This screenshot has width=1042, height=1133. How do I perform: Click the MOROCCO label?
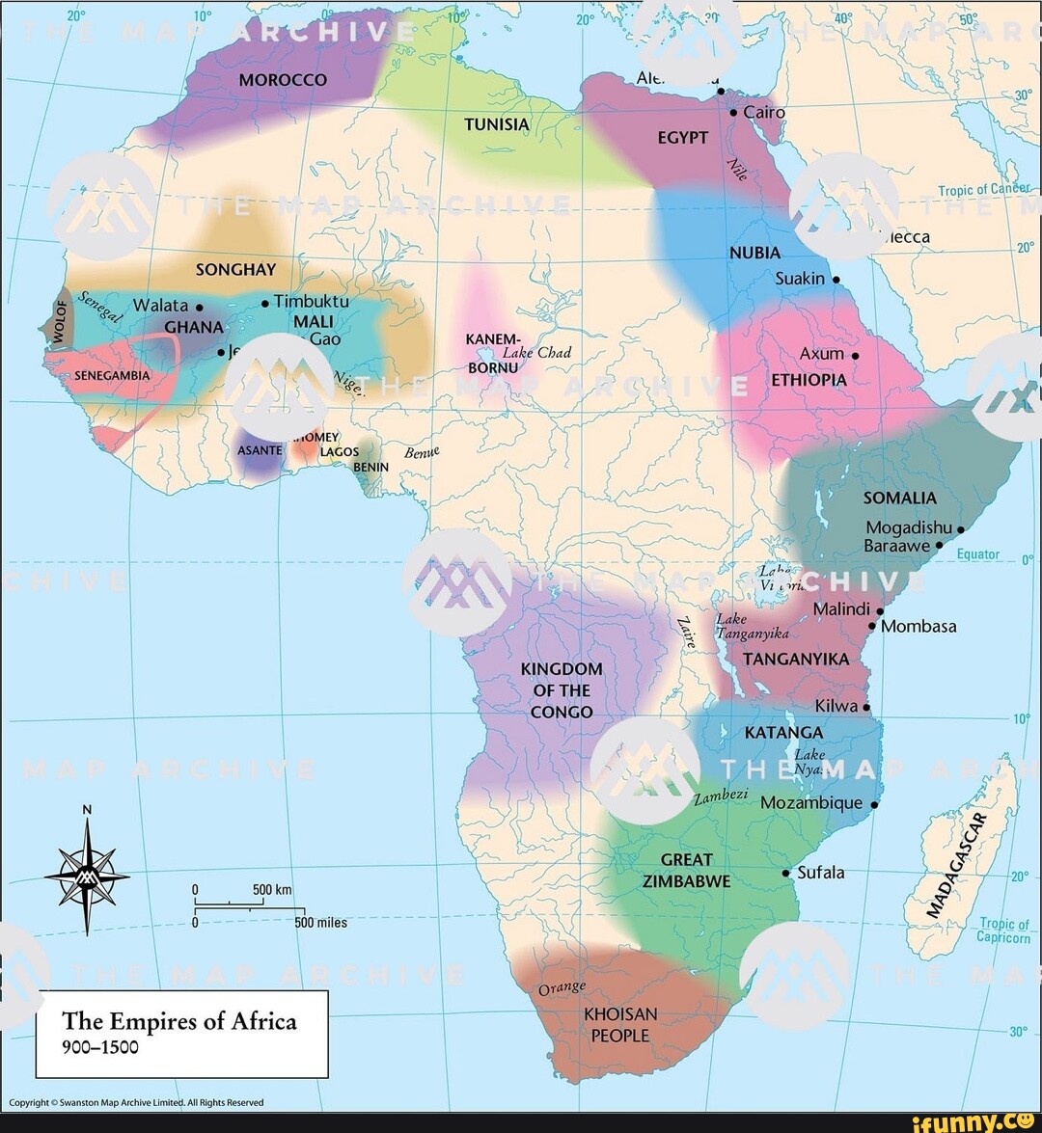click(x=283, y=80)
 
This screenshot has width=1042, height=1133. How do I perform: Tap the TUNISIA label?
click(x=497, y=125)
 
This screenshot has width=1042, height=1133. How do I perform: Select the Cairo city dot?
click(x=733, y=113)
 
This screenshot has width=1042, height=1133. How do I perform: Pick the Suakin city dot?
click(x=836, y=281)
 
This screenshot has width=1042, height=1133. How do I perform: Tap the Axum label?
click(x=822, y=354)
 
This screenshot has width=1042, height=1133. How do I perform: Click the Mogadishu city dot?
click(x=961, y=529)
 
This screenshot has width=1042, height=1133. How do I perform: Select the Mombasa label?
click(x=919, y=627)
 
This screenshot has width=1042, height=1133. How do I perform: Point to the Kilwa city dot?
click(x=866, y=707)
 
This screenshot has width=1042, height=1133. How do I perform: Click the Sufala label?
click(x=821, y=873)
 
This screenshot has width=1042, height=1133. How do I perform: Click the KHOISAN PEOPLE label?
click(x=620, y=1025)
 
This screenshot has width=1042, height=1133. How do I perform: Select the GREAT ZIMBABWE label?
click(x=686, y=870)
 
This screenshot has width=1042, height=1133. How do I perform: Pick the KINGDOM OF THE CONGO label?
click(x=562, y=690)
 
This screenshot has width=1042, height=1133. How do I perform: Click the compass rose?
click(x=87, y=876)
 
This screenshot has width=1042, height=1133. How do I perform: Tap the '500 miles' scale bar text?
click(x=320, y=923)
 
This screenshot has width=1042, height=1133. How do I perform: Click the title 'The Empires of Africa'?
click(x=179, y=1021)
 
